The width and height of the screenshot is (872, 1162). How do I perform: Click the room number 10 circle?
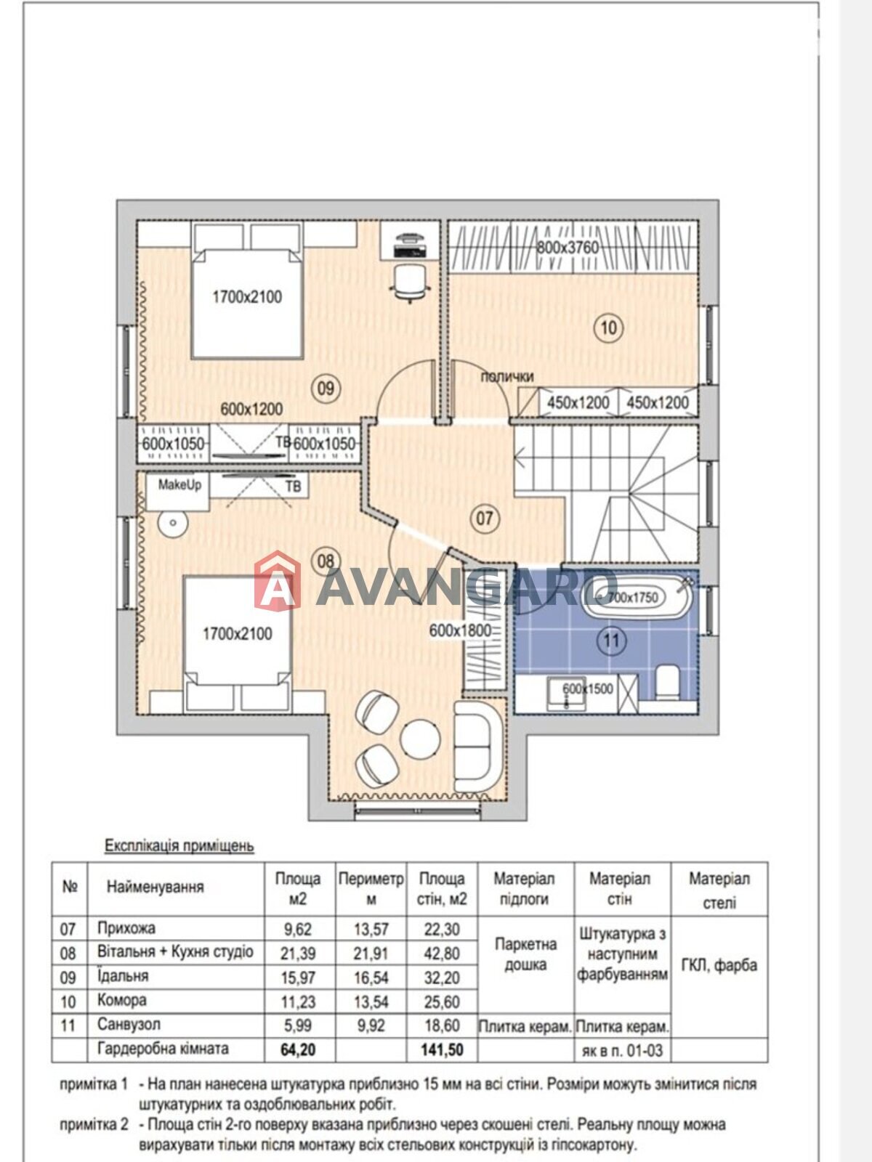pos(608,328)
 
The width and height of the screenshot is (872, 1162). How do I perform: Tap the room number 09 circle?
pos(326,389)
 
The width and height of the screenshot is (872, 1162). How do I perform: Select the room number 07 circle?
pos(485,518)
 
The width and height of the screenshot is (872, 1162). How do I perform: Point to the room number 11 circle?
pos(612,641)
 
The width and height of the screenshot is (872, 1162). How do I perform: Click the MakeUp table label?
pos(180,485)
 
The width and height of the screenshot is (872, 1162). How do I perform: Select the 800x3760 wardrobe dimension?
pos(568,247)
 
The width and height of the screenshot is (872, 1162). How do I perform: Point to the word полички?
pos(506,377)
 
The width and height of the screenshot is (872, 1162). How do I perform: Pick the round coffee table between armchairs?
pos(421,738)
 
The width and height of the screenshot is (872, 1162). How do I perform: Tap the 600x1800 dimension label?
pos(460,630)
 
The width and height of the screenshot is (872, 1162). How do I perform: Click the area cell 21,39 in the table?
pos(298,954)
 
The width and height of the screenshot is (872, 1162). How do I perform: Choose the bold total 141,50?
pos(442,1049)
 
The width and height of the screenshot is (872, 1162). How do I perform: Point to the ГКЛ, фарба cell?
pos(719,965)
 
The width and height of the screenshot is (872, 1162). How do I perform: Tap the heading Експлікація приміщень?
pos(179,845)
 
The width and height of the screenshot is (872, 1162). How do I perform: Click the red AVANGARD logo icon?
pos(278,581)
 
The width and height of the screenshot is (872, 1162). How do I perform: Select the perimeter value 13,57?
pos(371,929)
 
